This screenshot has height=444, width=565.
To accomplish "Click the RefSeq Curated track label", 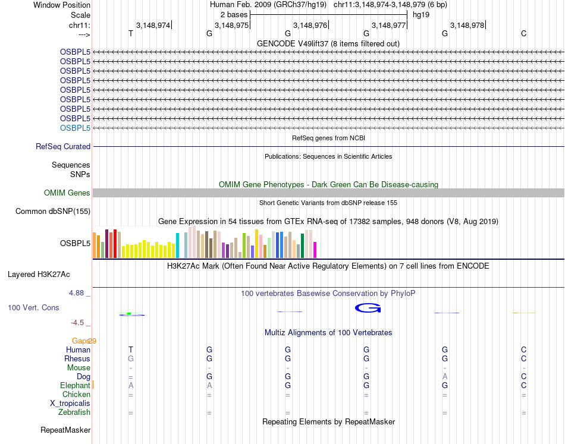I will click(x=63, y=147).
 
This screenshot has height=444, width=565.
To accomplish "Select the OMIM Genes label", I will click(x=67, y=193).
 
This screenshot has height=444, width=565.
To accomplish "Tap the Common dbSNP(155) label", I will click(x=53, y=211).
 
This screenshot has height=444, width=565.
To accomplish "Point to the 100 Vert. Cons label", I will click(x=33, y=308).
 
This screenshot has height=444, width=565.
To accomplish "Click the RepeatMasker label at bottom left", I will click(x=65, y=430).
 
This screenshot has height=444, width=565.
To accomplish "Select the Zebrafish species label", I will click(x=74, y=412).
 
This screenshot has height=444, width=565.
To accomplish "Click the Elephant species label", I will click(x=75, y=385).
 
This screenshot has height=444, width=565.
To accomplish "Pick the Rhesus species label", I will click(x=77, y=358).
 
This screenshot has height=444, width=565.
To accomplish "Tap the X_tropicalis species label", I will click(x=70, y=403).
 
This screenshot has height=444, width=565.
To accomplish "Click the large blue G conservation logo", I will click(x=367, y=307).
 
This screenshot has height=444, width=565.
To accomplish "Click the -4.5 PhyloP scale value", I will click(x=78, y=323).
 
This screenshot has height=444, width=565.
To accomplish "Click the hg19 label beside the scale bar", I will click(x=421, y=14).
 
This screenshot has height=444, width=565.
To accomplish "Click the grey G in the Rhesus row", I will click(x=131, y=358).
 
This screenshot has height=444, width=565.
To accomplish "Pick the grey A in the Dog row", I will click(x=445, y=376).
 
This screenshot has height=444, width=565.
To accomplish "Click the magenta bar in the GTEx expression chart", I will click(x=315, y=250).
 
